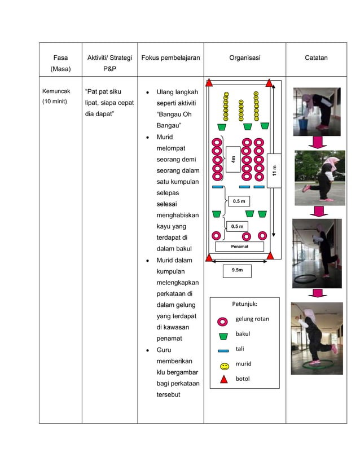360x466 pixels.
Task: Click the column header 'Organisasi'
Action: pos(244,58)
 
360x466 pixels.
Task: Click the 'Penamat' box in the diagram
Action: pos(240,247)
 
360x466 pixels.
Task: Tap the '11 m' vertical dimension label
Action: pos(274,170)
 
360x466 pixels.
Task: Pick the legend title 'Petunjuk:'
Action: pos(244,304)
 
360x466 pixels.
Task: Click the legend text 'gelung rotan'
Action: pos(252,319)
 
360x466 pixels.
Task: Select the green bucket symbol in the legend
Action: pos(223,335)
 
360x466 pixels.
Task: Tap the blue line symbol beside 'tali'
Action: pos(223,350)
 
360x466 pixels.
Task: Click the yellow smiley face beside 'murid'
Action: pos(223,365)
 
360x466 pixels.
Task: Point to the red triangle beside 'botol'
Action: pos(223,379)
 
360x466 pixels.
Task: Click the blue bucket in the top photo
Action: pos(304,124)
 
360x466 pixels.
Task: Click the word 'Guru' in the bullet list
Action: pos(166,350)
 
